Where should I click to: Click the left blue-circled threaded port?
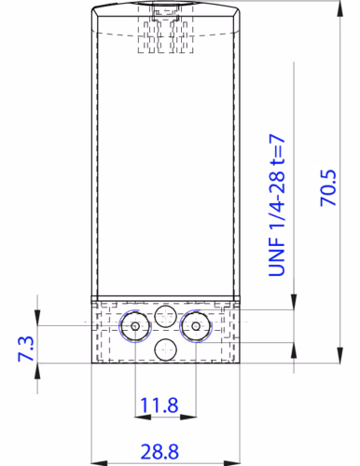136,326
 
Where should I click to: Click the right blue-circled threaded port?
196,326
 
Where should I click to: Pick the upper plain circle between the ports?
166,314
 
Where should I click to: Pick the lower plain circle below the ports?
166,350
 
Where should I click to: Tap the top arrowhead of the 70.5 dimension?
337,7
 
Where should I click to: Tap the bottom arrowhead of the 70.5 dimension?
337,359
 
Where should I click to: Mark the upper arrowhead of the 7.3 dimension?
38,320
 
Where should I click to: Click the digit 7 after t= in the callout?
277,140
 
